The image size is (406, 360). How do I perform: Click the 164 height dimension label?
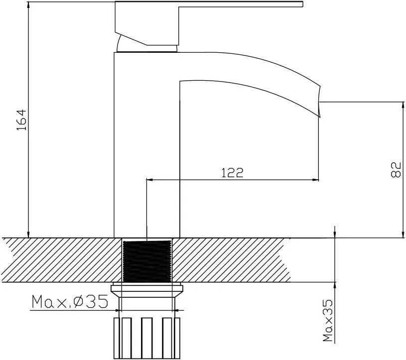[21, 120]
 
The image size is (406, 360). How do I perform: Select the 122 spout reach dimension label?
[233, 173]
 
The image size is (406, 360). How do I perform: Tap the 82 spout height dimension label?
[396, 169]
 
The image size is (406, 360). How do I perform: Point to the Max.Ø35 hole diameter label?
[70, 302]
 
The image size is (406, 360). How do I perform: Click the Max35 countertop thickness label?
[328, 320]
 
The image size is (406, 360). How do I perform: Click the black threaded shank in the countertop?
[147, 261]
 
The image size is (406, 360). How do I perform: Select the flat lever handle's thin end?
[302, 4]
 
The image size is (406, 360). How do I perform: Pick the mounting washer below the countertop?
[147, 291]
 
